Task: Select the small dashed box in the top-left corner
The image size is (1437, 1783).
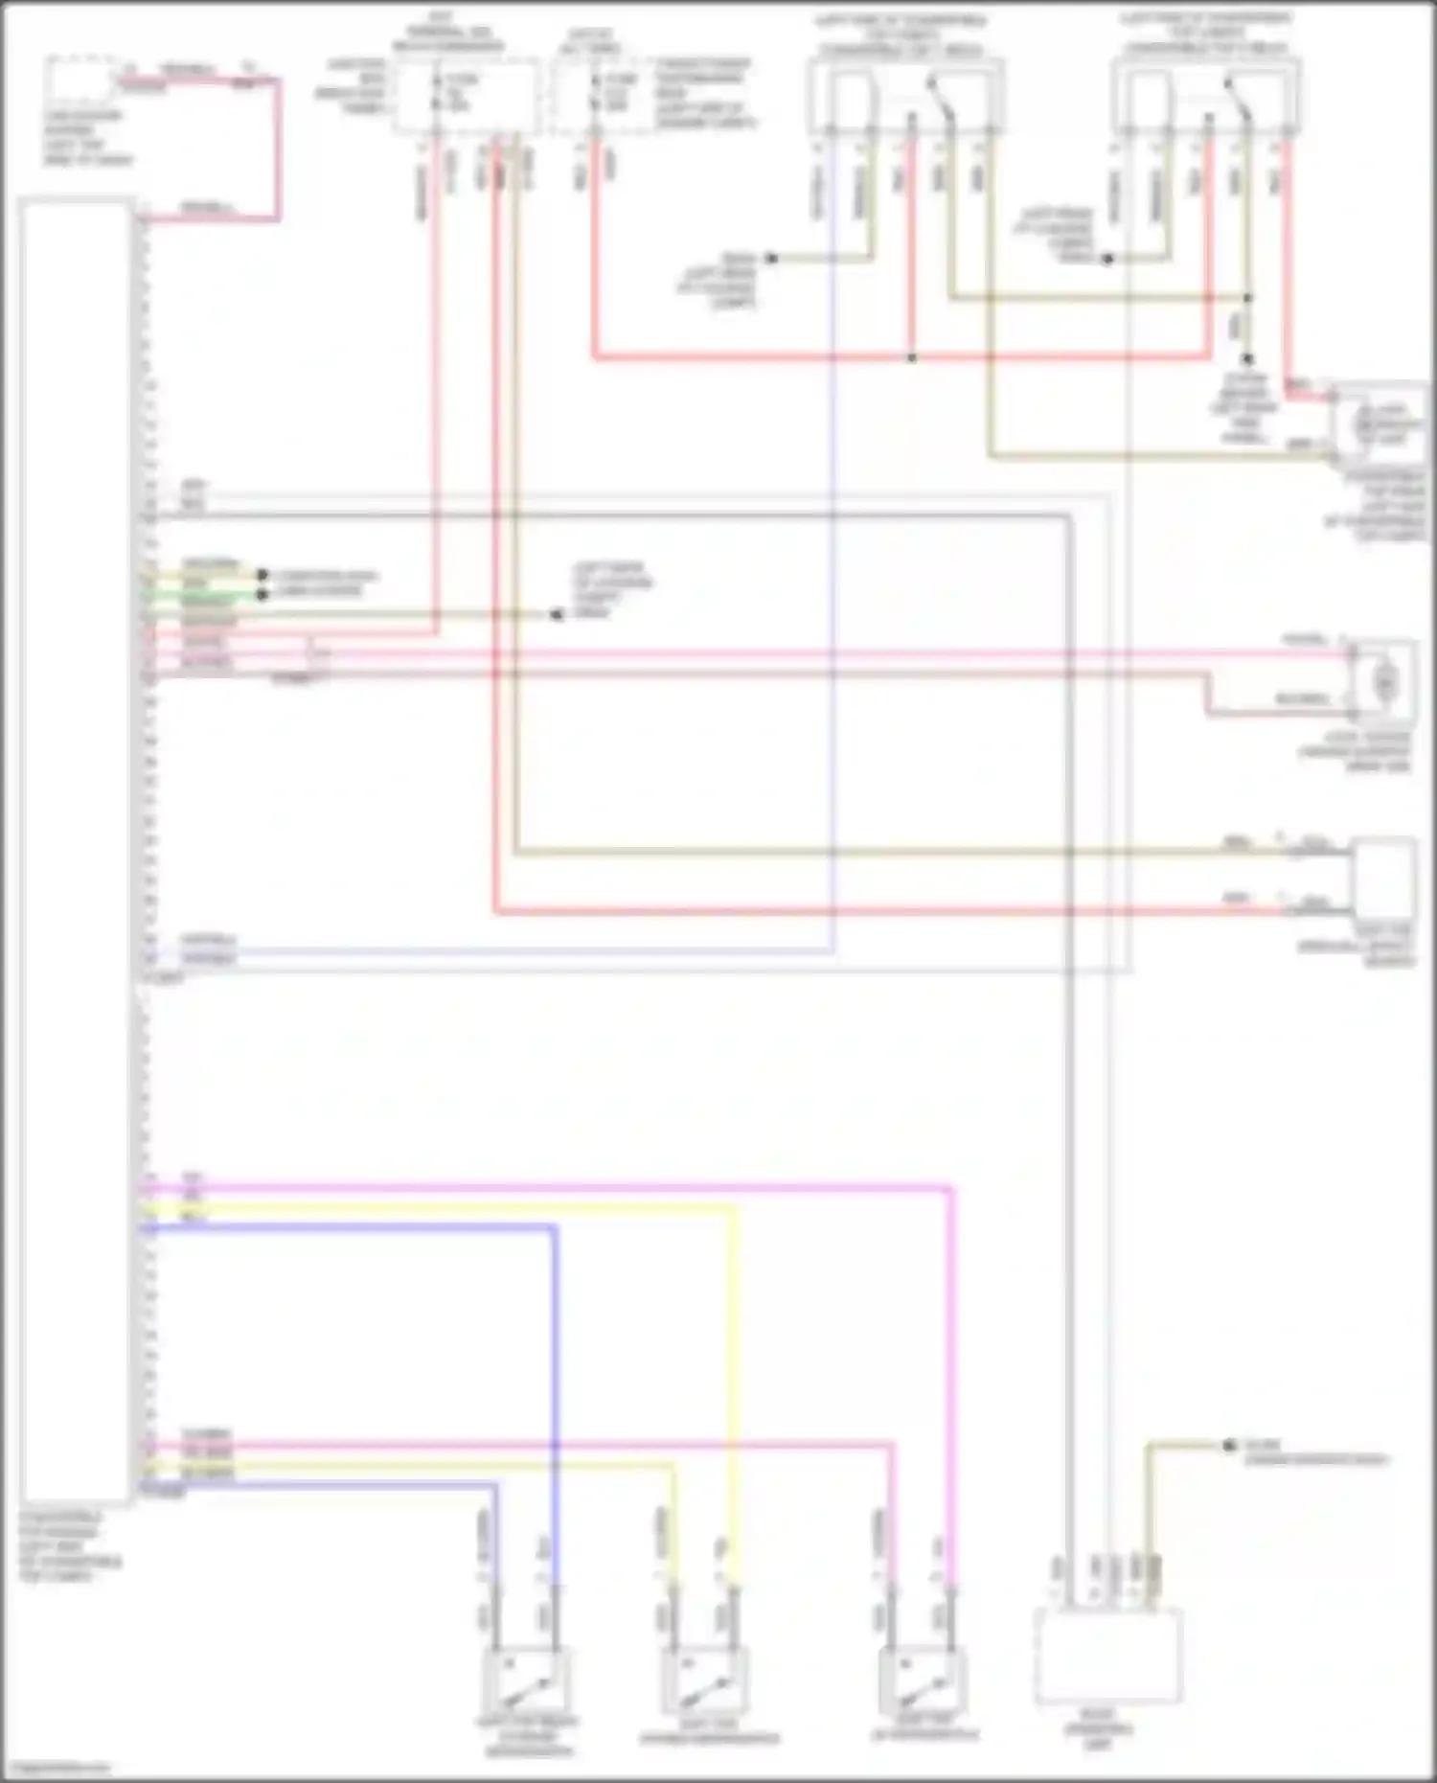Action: (81, 82)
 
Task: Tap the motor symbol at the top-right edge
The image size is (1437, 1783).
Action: (1377, 423)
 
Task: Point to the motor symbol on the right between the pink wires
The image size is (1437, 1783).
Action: (1384, 681)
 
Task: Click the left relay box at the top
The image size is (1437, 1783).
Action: (905, 96)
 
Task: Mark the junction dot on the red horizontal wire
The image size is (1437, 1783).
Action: (911, 358)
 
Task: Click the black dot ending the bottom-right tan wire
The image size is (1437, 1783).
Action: (1229, 1446)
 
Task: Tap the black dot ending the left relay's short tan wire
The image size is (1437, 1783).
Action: (770, 259)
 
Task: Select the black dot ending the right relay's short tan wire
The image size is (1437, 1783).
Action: (1106, 259)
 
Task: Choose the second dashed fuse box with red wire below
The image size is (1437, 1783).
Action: (599, 94)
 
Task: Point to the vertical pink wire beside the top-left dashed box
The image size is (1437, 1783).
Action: (279, 149)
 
